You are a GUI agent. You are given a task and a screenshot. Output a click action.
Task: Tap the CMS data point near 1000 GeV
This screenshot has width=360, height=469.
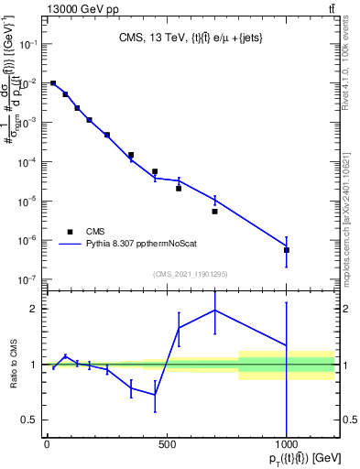pos(287,249)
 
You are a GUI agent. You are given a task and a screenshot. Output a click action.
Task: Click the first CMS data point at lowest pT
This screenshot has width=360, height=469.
pos(53,83)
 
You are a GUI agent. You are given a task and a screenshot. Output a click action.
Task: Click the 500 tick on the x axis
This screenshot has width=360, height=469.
pos(167,446)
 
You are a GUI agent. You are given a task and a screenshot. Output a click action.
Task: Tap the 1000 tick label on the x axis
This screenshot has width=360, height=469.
pos(287,446)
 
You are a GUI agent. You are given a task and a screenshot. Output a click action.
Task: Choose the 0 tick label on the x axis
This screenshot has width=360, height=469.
pos(47,446)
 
